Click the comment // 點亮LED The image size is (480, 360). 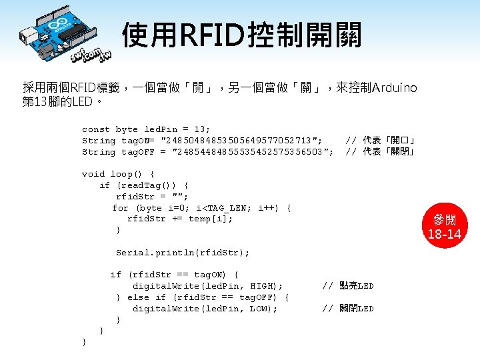pos(348,286)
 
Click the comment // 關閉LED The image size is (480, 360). pos(348,309)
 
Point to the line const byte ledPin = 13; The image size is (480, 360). pos(145,129)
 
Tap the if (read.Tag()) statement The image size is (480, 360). pos(144,185)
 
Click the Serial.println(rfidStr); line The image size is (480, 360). pos(183,253)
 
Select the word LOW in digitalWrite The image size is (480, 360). pos(261,309)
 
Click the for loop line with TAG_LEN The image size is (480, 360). pos(201,208)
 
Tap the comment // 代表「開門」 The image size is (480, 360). pos(381,141)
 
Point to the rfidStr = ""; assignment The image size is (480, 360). pos(152,197)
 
